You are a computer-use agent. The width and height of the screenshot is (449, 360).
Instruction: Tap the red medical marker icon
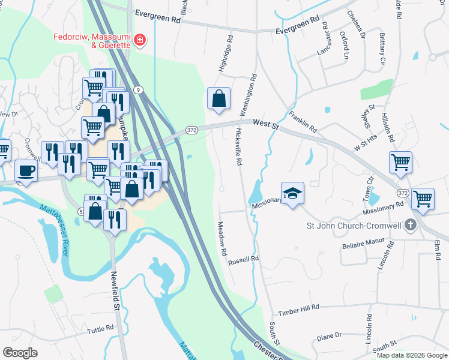point(140,40)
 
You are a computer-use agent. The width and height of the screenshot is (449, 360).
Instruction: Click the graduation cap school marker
point(292,193)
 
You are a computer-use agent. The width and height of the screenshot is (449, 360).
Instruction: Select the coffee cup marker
point(25,170)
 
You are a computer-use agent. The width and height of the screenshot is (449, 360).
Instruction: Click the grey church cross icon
point(411,226)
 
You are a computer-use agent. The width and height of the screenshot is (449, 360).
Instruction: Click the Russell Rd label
point(243,259)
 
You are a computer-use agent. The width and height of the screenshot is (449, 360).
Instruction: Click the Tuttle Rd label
point(100,329)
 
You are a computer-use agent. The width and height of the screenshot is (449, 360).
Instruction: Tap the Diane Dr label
point(329,336)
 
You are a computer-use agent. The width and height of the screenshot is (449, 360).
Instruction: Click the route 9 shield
point(139,89)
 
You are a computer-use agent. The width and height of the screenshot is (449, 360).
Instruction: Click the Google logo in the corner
point(20,352)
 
